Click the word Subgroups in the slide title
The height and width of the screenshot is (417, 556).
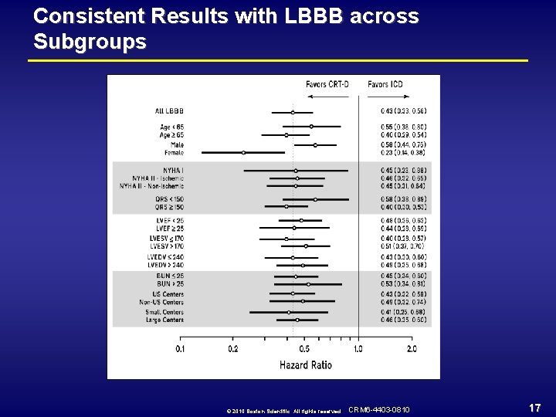click(90, 41)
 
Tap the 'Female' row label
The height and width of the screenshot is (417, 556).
click(174, 153)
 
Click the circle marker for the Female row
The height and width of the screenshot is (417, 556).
click(243, 153)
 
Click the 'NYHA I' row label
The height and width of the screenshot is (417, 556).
click(173, 170)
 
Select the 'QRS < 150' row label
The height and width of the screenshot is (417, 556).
click(169, 199)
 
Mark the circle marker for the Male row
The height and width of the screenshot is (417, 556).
click(315, 144)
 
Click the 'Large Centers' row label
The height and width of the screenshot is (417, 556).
click(164, 320)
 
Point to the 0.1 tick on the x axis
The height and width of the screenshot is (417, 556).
click(180, 349)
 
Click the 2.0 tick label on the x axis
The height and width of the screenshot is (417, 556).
click(411, 349)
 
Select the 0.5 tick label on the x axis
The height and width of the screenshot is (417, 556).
click(304, 349)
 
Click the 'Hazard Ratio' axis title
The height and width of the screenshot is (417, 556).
click(305, 364)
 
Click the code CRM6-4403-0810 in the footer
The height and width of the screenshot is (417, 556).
click(379, 409)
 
